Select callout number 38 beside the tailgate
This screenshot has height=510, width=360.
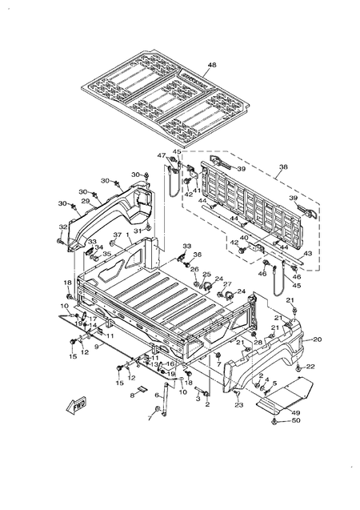(x=282, y=169)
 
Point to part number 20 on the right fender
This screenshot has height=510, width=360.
(x=317, y=339)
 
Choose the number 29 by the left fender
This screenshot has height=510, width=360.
(x=85, y=201)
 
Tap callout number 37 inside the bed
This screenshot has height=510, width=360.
(x=117, y=235)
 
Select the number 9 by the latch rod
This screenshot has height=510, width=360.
(x=97, y=347)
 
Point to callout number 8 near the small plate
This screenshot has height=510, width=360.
(x=133, y=396)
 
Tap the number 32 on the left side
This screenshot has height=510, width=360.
(x=62, y=227)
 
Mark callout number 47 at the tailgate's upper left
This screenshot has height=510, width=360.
(x=161, y=155)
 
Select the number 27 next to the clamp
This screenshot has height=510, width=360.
(x=226, y=284)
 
